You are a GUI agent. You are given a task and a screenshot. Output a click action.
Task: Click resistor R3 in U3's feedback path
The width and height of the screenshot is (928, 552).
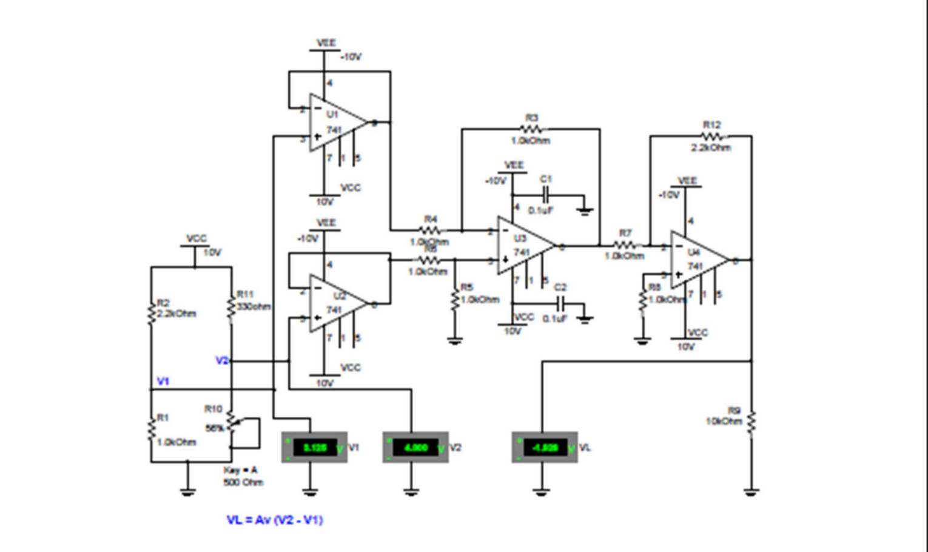coord(531,129)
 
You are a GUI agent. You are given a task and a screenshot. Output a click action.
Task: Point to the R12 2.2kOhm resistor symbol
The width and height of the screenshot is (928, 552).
coord(712,136)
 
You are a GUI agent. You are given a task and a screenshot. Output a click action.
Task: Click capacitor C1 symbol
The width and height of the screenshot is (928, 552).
coord(546,195)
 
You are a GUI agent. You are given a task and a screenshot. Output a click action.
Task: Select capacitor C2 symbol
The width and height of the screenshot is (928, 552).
coord(560,303)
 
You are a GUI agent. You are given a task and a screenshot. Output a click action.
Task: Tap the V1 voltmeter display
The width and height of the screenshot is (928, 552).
coord(315,448)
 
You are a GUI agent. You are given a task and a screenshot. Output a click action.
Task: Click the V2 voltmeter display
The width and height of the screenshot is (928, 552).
coord(416,448)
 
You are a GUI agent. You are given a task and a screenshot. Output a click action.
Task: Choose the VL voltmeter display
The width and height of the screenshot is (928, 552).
coord(545,448)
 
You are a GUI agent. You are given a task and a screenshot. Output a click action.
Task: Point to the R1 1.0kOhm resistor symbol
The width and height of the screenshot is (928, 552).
coord(151,429)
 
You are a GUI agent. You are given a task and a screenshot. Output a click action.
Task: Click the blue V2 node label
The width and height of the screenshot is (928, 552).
coord(222,361)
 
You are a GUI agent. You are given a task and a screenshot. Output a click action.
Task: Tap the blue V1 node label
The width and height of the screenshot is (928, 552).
coord(163,382)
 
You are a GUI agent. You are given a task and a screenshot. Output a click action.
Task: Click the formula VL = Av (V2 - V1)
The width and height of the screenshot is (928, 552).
coord(275,520)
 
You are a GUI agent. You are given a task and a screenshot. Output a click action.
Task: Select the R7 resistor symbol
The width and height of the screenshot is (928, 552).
coord(625,245)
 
